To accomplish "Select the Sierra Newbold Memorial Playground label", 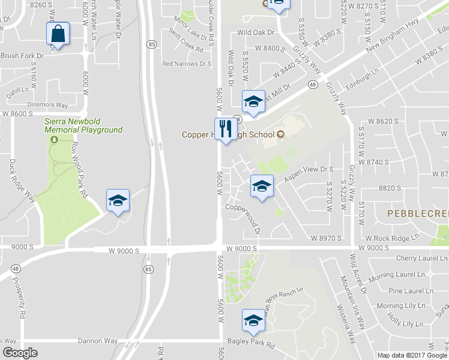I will (83, 125).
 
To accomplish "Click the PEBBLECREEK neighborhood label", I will (417, 213).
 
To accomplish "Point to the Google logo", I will (20, 353).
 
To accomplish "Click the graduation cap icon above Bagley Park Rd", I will (253, 320).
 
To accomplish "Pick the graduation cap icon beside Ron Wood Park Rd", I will (118, 200).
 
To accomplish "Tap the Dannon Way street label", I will (98, 341).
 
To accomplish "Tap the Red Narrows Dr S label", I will (187, 63).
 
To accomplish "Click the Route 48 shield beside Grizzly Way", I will (313, 85).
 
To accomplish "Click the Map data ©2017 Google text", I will (411, 355).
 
